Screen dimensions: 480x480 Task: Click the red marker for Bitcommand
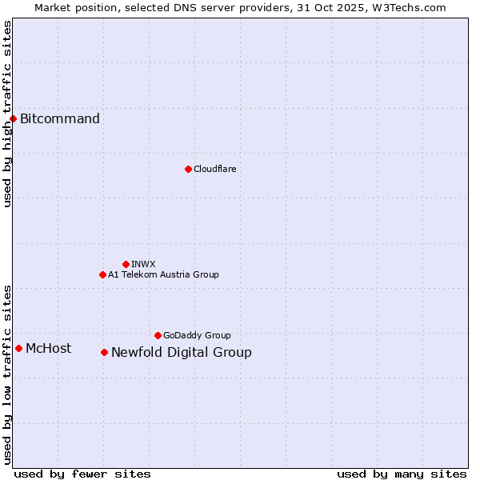coord(13,118)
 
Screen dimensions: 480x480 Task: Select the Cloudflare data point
coord(188,169)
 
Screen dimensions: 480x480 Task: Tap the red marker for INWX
coord(126,264)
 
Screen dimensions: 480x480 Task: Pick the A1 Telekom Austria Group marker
coord(102,274)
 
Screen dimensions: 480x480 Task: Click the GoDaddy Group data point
coord(158,335)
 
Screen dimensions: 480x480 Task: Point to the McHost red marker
coord(18,348)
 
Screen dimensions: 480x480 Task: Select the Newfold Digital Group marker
coord(104,352)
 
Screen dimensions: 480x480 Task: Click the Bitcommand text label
coord(60,119)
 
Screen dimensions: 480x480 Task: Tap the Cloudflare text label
coord(214,169)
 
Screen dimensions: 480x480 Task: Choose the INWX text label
coord(143,264)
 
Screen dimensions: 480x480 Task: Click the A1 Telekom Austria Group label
coord(163,274)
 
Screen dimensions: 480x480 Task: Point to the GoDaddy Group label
coord(197,335)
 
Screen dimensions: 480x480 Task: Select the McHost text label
coord(48,348)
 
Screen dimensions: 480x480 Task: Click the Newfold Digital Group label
coord(181,353)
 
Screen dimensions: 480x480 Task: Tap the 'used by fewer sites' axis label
coord(82,474)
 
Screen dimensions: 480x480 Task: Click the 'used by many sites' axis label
coord(402,474)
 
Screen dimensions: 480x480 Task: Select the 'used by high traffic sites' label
coord(7,114)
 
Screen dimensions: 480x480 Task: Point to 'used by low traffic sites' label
coord(7,374)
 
